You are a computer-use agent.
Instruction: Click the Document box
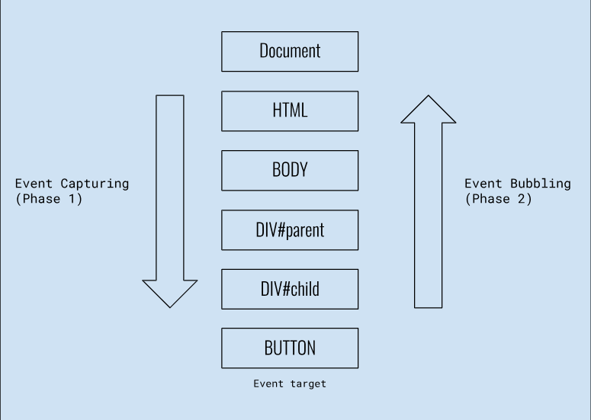click(290, 51)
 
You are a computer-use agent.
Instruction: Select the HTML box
click(290, 111)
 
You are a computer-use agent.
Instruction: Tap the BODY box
click(290, 169)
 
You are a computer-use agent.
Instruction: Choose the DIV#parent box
click(290, 229)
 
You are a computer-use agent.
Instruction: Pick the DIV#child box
click(290, 289)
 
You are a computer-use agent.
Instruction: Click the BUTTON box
click(290, 348)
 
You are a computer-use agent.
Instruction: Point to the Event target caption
click(290, 383)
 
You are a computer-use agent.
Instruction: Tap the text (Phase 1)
click(49, 199)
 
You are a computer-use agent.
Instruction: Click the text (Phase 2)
click(498, 199)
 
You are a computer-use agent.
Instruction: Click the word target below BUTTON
click(307, 383)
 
